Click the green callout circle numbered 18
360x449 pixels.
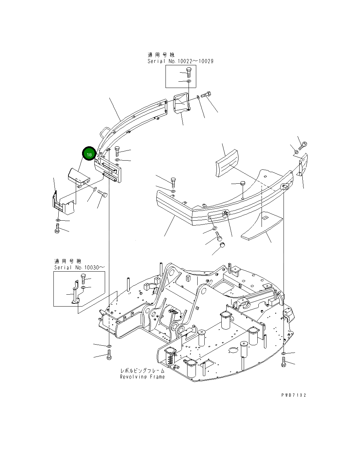(89, 154)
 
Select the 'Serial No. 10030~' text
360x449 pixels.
(79, 267)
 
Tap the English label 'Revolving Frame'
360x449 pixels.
(142, 377)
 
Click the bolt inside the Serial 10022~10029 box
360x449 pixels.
(189, 73)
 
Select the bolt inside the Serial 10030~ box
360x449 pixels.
(83, 279)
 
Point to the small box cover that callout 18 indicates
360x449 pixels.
(79, 177)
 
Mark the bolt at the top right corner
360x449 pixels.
(303, 145)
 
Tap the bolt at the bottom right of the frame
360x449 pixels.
(284, 362)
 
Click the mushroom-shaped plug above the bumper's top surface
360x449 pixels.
(242, 183)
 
